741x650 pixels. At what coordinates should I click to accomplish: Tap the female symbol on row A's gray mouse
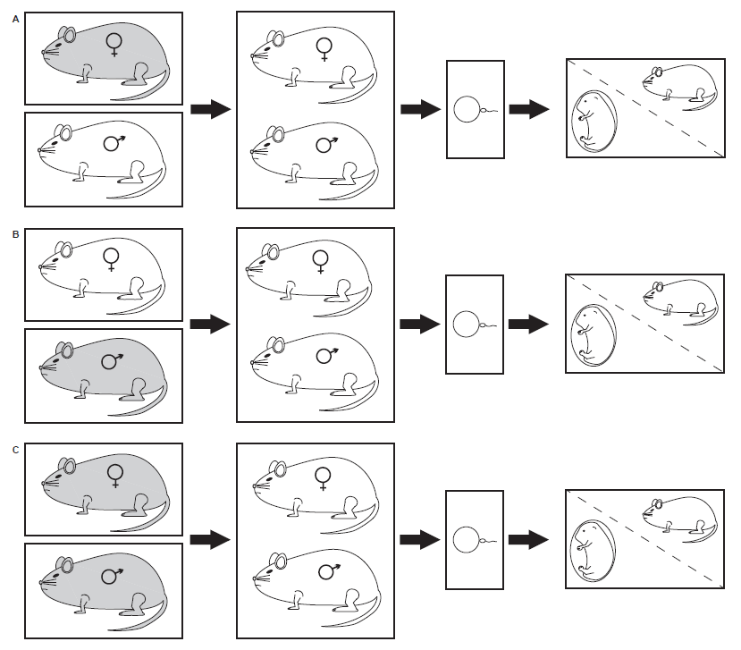[x=114, y=43]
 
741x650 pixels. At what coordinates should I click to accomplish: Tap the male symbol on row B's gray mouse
[x=112, y=360]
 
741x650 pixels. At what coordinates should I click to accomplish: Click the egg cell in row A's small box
[x=467, y=111]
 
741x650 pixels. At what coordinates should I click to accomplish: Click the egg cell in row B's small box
[x=466, y=324]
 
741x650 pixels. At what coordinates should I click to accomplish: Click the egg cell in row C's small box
[x=466, y=540]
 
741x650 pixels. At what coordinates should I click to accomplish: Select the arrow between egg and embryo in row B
[x=528, y=323]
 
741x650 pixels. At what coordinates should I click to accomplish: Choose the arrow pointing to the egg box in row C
[x=420, y=540]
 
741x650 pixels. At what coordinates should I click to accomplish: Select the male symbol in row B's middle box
[x=324, y=355]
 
